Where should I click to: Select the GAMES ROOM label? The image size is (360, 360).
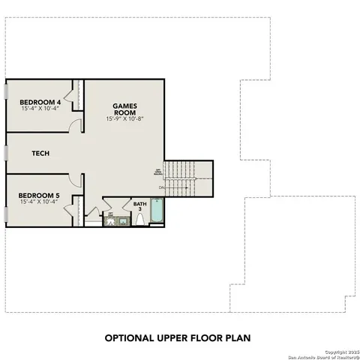[124, 109]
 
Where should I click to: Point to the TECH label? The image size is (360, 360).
[40, 153]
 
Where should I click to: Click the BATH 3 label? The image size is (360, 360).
[140, 207]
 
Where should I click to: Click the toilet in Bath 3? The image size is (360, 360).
[139, 219]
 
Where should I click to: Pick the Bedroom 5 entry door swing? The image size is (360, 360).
[75, 180]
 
